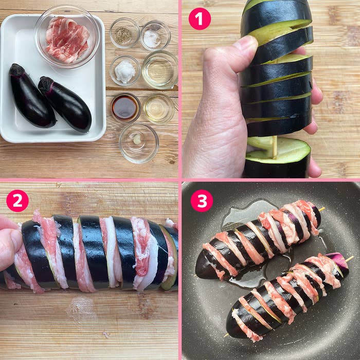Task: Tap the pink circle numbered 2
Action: [x=17, y=201]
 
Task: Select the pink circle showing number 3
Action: [x=202, y=201]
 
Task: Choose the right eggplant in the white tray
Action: [x=66, y=104]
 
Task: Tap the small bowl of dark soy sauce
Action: [x=125, y=107]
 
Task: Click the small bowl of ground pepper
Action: [x=124, y=34]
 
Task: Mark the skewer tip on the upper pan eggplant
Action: [x=323, y=209]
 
